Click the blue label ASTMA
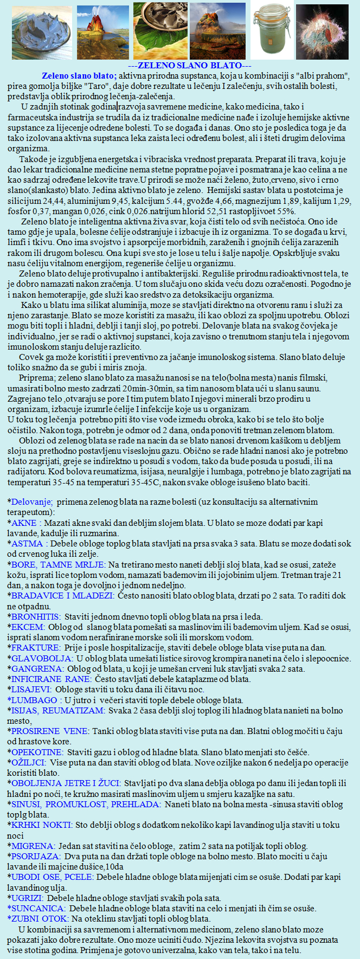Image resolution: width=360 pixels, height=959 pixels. tap(27, 543)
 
